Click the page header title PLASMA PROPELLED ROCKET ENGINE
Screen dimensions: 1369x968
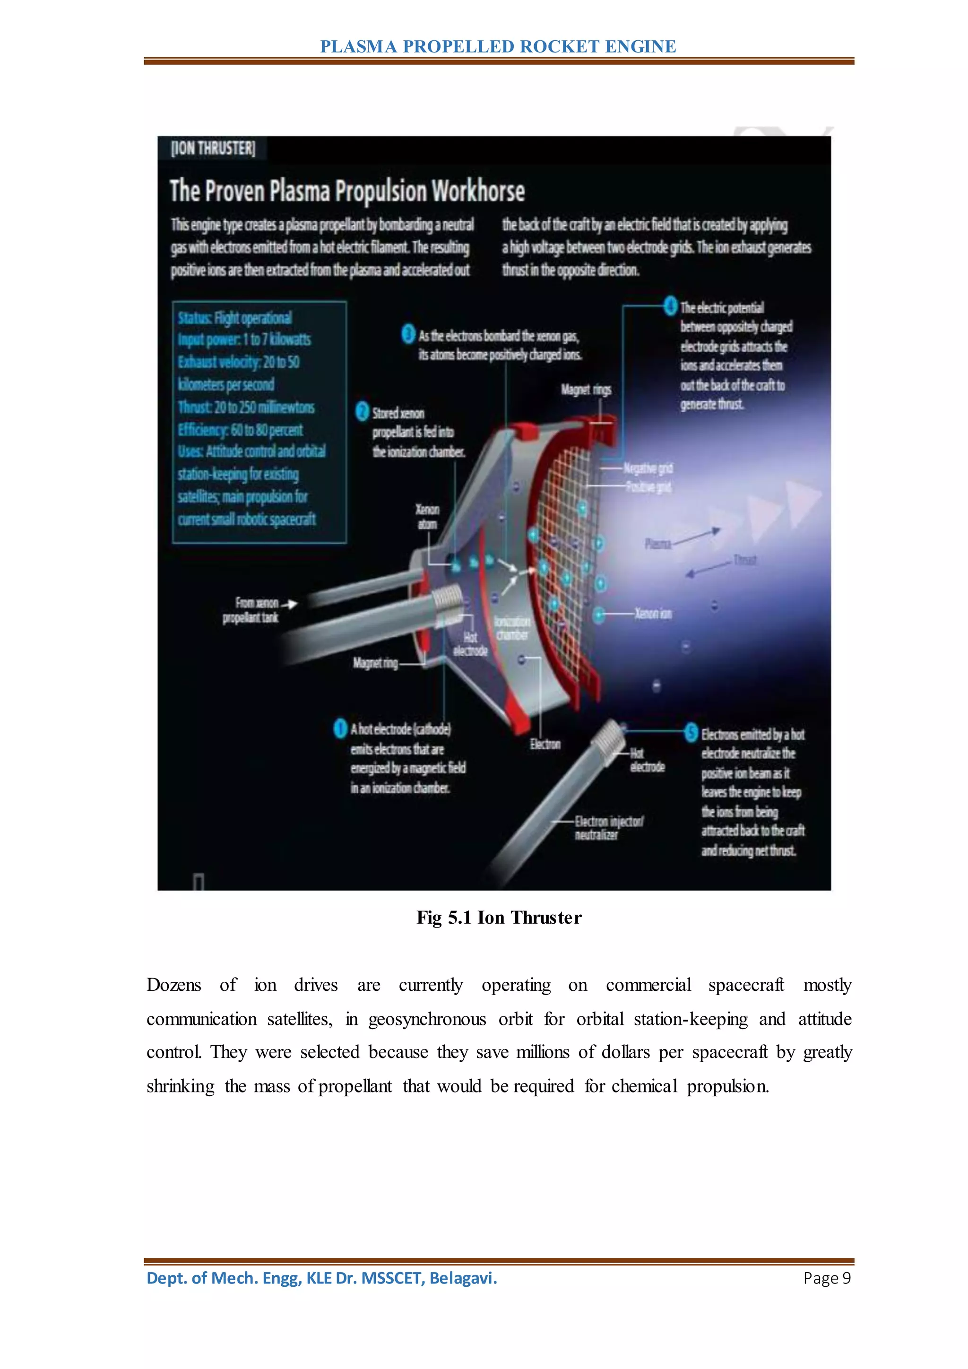[498, 46]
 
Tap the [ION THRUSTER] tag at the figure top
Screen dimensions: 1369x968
[213, 148]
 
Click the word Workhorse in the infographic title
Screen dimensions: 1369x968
[477, 191]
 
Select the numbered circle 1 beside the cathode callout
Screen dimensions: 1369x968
[340, 728]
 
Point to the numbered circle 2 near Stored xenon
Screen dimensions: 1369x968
[362, 411]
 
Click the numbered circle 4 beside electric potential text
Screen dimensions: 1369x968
[670, 306]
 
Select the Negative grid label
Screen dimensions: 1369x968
[648, 468]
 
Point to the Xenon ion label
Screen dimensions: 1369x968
[653, 614]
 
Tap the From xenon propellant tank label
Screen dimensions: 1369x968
[251, 610]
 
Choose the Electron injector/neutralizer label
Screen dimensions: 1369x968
[608, 828]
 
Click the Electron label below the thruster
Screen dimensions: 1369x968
[545, 744]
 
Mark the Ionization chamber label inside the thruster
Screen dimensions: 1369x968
[511, 628]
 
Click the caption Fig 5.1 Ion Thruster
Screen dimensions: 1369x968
[499, 918]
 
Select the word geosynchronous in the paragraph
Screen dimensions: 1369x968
[427, 1019]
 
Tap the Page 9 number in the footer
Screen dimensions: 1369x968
[826, 1278]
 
